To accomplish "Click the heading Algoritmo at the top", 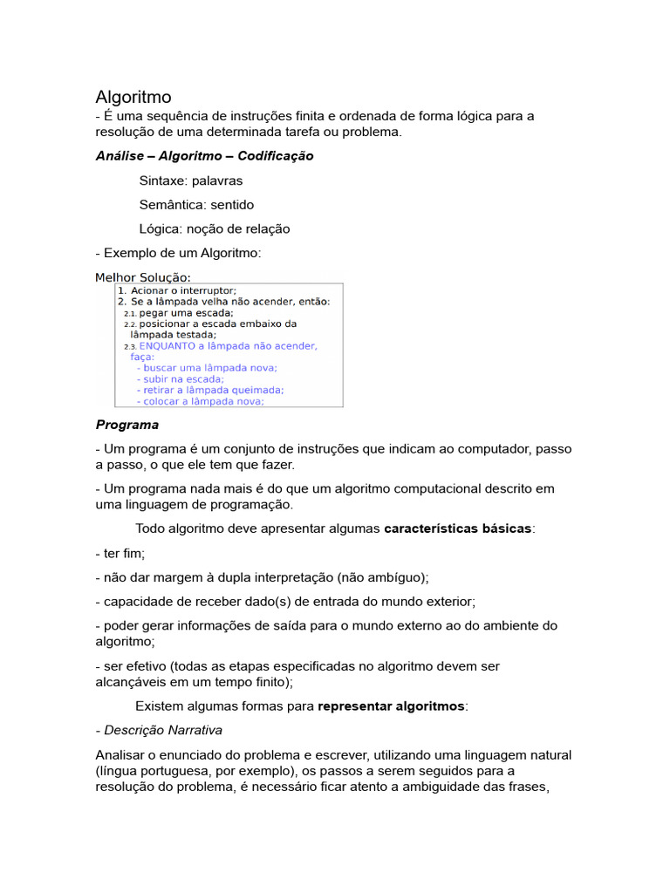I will click(x=133, y=97).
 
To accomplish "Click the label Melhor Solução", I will click(x=142, y=277).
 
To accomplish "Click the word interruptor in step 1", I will click(x=204, y=290).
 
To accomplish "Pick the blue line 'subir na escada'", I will click(x=183, y=379).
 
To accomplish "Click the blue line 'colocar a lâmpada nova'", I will click(x=203, y=402).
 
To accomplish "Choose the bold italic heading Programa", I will click(x=127, y=425).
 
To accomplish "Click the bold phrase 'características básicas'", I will click(x=457, y=529).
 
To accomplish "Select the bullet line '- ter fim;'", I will click(x=120, y=554).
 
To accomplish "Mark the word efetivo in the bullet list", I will click(x=145, y=666).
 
